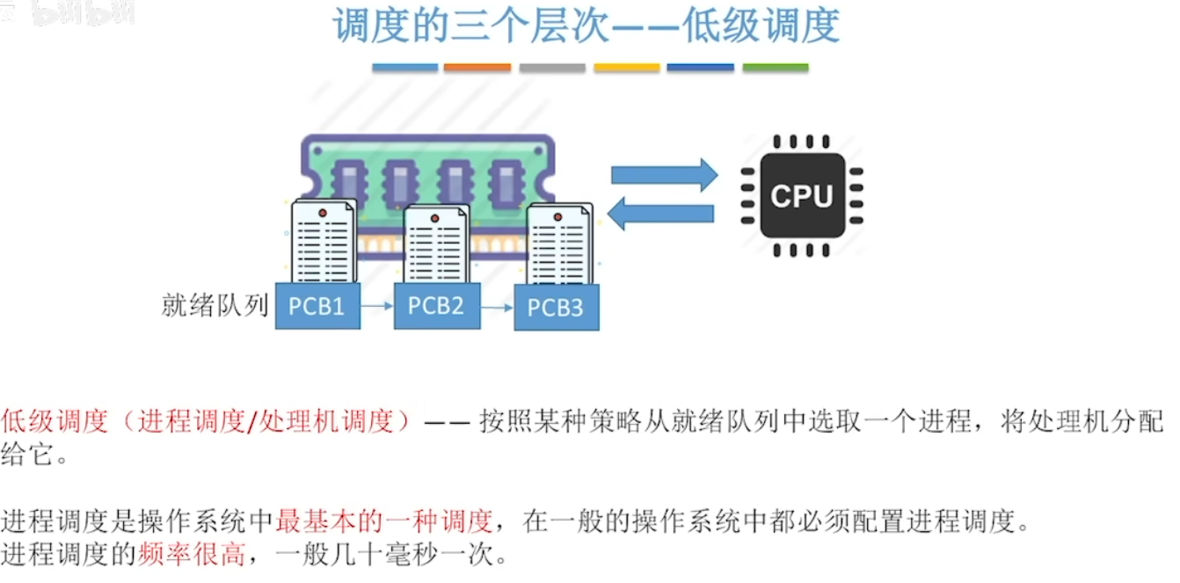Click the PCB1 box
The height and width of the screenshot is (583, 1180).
click(317, 306)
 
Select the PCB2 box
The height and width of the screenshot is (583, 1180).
click(436, 305)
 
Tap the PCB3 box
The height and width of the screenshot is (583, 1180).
click(556, 309)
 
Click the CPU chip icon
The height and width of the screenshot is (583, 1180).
click(801, 195)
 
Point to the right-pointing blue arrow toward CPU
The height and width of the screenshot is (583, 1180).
click(664, 175)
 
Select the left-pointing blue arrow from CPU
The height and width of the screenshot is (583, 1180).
click(660, 214)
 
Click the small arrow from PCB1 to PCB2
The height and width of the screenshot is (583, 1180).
click(377, 306)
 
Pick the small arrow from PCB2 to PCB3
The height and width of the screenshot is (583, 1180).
click(497, 308)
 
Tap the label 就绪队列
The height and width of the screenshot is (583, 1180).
click(215, 305)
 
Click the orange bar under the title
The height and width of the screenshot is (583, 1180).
click(477, 68)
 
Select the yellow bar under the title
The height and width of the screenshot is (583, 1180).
click(626, 68)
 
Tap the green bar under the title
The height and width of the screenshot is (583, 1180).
click(775, 68)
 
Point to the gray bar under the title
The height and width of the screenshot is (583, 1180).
click(552, 68)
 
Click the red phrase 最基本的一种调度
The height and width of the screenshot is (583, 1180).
click(384, 521)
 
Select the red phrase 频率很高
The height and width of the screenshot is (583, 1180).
click(191, 555)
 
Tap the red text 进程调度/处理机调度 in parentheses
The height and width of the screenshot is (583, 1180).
click(265, 422)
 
